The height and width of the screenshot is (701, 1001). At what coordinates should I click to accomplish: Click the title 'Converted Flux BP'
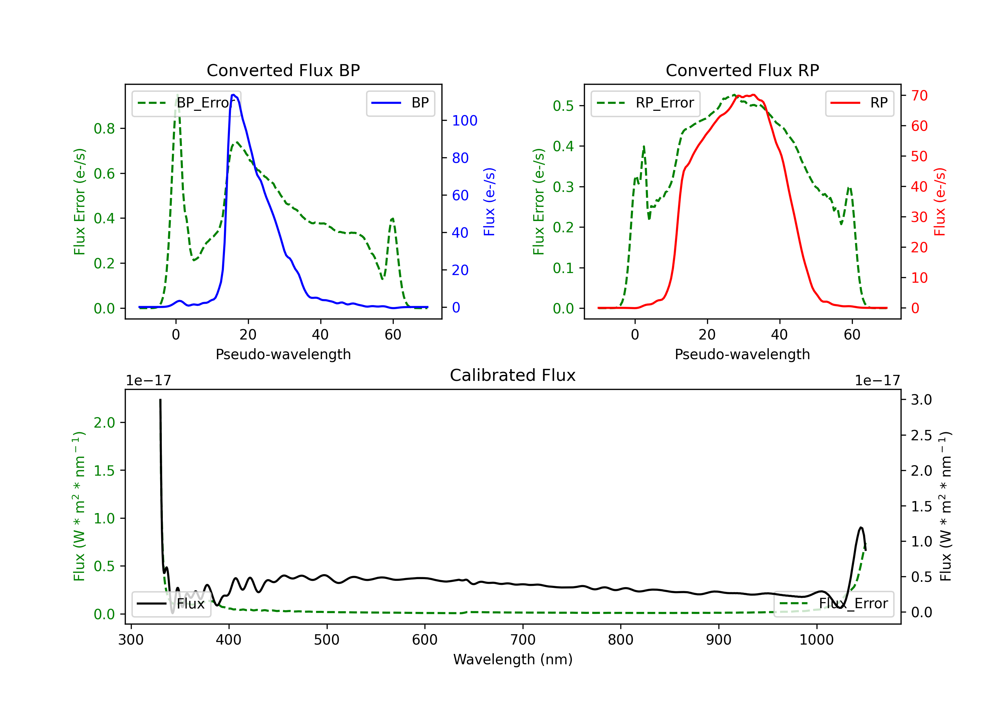pyautogui.click(x=283, y=70)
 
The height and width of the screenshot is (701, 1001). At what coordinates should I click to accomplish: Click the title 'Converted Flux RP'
pyautogui.click(x=742, y=70)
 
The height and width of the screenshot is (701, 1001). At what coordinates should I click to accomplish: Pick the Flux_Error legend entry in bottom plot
pyautogui.click(x=833, y=604)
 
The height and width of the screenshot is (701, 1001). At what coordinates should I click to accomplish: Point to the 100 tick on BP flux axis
pyautogui.click(x=464, y=121)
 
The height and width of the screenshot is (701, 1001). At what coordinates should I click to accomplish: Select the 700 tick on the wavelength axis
pyautogui.click(x=523, y=640)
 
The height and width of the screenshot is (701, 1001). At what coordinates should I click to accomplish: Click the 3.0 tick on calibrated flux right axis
pyautogui.click(x=921, y=400)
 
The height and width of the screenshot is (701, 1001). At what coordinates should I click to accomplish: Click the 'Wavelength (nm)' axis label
pyautogui.click(x=513, y=659)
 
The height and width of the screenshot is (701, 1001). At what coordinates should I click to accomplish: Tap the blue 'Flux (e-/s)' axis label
pyautogui.click(x=489, y=202)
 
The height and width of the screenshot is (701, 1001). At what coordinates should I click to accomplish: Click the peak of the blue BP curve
pyautogui.click(x=234, y=95)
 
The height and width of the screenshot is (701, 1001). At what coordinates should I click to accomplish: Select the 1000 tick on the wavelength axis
pyautogui.click(x=816, y=640)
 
